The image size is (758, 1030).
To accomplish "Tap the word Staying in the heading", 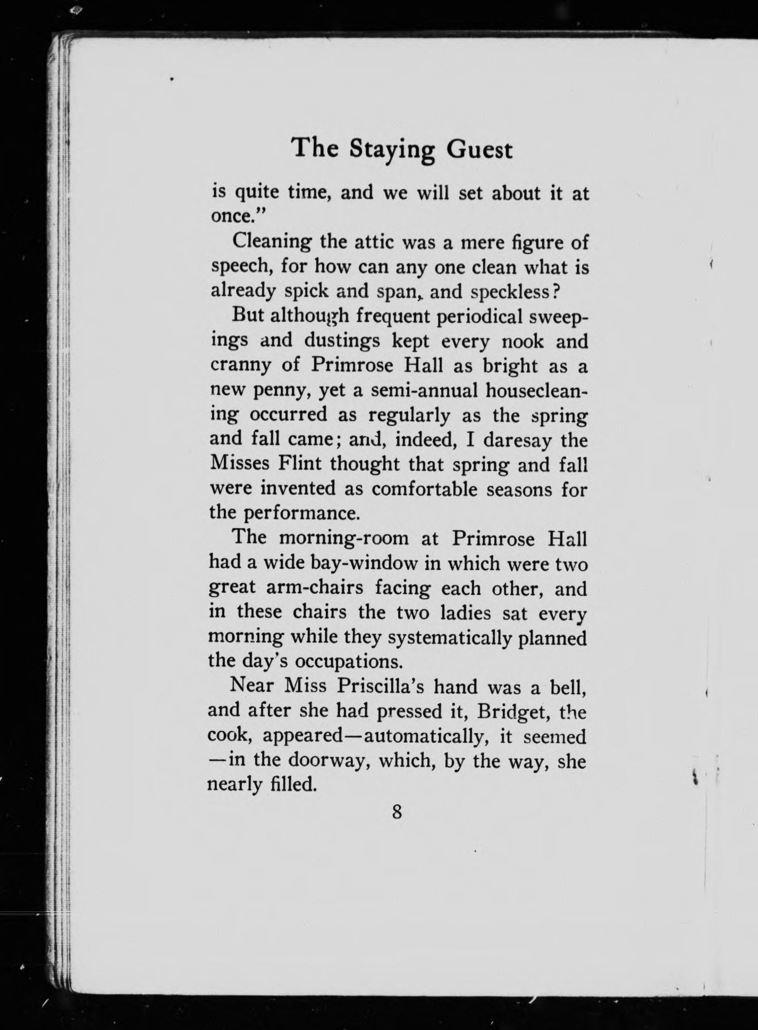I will (392, 150).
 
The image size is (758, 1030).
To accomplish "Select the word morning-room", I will (344, 538).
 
